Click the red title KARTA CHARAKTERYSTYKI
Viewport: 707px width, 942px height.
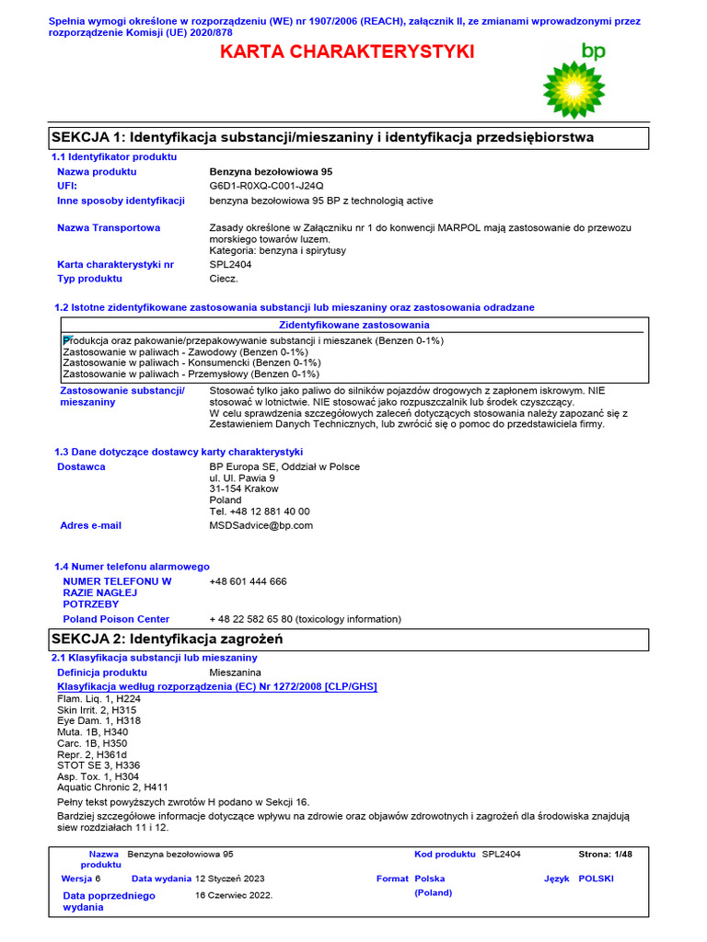(347, 52)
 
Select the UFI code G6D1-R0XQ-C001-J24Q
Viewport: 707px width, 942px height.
(267, 186)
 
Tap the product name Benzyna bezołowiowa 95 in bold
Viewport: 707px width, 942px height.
(272, 172)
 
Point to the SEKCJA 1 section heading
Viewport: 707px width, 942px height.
(322, 137)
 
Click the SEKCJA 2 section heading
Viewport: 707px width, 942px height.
(168, 638)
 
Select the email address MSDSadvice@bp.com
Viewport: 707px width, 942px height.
(261, 525)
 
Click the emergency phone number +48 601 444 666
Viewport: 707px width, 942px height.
(248, 581)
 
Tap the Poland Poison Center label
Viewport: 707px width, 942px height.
(116, 619)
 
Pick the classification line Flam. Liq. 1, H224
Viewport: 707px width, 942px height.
(99, 699)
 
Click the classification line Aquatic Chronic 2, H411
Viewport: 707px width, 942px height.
(112, 787)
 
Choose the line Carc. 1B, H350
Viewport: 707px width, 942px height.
(92, 743)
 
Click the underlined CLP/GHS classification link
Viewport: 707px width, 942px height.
(217, 686)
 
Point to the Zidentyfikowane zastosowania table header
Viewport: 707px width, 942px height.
(353, 325)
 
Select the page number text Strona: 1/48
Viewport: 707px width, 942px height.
(605, 855)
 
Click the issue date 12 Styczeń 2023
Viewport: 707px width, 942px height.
(229, 879)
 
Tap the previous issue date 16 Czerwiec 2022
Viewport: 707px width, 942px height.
(234, 894)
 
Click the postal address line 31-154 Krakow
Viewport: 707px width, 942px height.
(243, 488)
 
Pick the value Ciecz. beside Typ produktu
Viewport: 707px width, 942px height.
(224, 278)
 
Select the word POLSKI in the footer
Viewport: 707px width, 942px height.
(596, 879)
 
